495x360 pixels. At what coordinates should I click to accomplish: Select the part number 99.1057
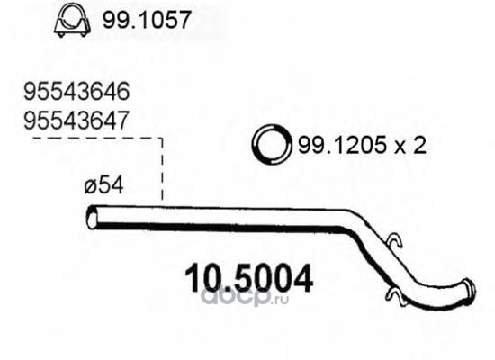click(x=147, y=20)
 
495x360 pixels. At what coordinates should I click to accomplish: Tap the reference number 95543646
click(x=76, y=92)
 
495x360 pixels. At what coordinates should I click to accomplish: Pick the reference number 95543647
click(x=76, y=121)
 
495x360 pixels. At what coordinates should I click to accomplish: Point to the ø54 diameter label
click(x=103, y=185)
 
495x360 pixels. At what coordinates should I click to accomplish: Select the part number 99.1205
click(x=343, y=145)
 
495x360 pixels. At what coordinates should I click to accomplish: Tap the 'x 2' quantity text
click(x=409, y=146)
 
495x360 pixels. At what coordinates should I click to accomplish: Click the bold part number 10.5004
click(x=248, y=278)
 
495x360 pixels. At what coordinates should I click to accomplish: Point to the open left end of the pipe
click(x=92, y=217)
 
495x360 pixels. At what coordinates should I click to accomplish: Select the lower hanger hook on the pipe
click(x=395, y=297)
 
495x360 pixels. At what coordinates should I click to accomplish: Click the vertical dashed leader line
click(x=162, y=169)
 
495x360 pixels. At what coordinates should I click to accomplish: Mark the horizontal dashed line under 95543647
click(x=98, y=139)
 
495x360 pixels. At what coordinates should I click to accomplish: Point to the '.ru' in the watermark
click(x=280, y=299)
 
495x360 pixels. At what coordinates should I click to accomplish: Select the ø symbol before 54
click(x=91, y=186)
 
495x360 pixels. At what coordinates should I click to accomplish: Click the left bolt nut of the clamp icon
click(x=61, y=34)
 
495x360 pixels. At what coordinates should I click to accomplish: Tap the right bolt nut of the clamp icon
click(x=84, y=34)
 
